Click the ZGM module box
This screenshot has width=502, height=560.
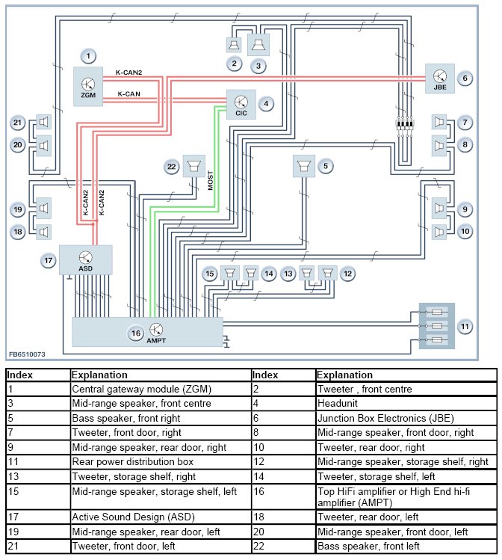pyautogui.click(x=88, y=87)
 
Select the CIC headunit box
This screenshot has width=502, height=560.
pyautogui.click(x=241, y=104)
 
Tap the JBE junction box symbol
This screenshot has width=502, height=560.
pyautogui.click(x=439, y=79)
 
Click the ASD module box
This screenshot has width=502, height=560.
pyautogui.click(x=86, y=260)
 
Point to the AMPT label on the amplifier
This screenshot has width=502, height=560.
pyautogui.click(x=156, y=341)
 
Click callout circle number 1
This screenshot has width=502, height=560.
pyautogui.click(x=88, y=56)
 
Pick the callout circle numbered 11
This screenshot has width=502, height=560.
pyautogui.click(x=465, y=327)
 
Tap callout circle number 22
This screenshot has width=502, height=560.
pyautogui.click(x=172, y=167)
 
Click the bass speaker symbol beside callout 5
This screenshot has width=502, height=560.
pyautogui.click(x=303, y=166)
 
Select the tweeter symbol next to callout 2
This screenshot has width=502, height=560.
pyautogui.click(x=234, y=45)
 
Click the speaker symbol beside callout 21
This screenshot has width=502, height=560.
pyautogui.click(x=43, y=122)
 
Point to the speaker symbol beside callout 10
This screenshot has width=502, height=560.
pyautogui.click(x=439, y=232)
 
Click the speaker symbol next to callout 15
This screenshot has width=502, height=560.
pyautogui.click(x=229, y=273)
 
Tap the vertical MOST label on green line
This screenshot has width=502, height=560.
pyautogui.click(x=211, y=180)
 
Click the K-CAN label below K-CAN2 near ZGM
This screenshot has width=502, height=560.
pyautogui.click(x=128, y=94)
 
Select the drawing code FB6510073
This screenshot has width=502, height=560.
pyautogui.click(x=27, y=354)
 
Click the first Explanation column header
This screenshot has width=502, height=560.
pyautogui.click(x=99, y=375)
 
